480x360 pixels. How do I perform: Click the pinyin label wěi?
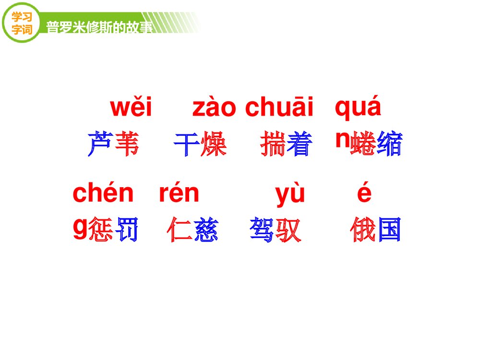pos(131,108)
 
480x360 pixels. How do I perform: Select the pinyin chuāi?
pos(279,108)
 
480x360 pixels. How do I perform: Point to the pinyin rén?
pos(179,193)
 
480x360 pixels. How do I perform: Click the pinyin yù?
pos(290,194)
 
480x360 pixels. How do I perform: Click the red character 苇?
pos(127,143)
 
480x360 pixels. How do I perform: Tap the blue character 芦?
pos(100,143)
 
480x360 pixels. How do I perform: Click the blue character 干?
pos(187,143)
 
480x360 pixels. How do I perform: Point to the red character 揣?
pos(273,143)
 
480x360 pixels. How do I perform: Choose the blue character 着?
pos(300,143)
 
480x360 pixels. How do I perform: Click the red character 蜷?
pos(363,143)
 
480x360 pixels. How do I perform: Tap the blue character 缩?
pos(389,143)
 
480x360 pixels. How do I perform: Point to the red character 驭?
pos(288,229)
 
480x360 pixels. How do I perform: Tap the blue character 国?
pos(389,229)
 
